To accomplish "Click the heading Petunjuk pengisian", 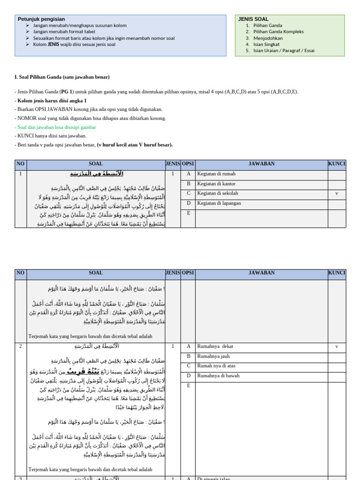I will click(x=41, y=19).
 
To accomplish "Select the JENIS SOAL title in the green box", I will click(x=253, y=19).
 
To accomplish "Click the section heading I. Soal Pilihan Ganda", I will click(x=62, y=77).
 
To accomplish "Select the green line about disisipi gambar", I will click(x=55, y=127).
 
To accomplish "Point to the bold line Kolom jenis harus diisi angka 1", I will click(x=51, y=100).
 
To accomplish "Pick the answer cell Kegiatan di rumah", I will click(x=216, y=174).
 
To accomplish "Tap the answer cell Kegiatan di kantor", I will click(x=216, y=184).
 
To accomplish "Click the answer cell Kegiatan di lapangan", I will click(x=219, y=203).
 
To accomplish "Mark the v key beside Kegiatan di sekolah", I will click(x=337, y=193).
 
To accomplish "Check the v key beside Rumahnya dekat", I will click(x=337, y=346).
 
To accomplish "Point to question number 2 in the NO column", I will click(x=21, y=346).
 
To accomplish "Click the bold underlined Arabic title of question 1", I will click(x=97, y=174).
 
